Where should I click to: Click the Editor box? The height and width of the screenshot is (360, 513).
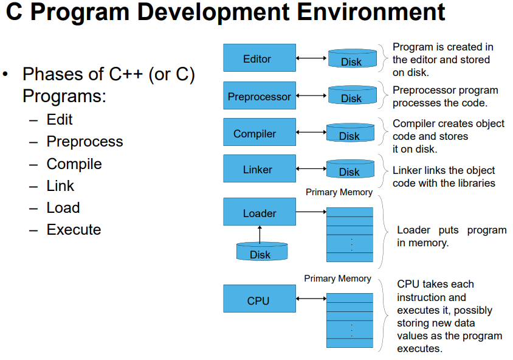pyautogui.click(x=260, y=58)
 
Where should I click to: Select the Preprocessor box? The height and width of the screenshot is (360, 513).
pyautogui.click(x=260, y=96)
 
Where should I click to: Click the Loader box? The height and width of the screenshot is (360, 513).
pyautogui.click(x=260, y=212)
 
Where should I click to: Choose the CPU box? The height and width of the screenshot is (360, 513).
pyautogui.click(x=260, y=300)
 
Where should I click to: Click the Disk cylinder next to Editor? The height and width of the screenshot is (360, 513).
pyautogui.click(x=351, y=60)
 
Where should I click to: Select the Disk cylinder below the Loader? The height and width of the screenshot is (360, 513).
pyautogui.click(x=260, y=252)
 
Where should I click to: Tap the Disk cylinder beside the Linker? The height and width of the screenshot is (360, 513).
pyautogui.click(x=349, y=170)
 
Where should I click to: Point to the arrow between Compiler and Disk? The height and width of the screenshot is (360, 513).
pyautogui.click(x=311, y=133)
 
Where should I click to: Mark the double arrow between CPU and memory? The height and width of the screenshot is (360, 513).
pyautogui.click(x=311, y=299)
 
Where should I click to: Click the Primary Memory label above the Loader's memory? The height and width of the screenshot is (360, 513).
pyautogui.click(x=339, y=192)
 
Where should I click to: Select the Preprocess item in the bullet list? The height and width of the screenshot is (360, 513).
pyautogui.click(x=84, y=142)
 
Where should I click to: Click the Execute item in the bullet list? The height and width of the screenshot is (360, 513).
pyautogui.click(x=74, y=230)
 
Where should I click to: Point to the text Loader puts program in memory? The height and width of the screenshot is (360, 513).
pyautogui.click(x=451, y=236)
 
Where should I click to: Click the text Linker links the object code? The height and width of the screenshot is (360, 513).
pyautogui.click(x=443, y=176)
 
